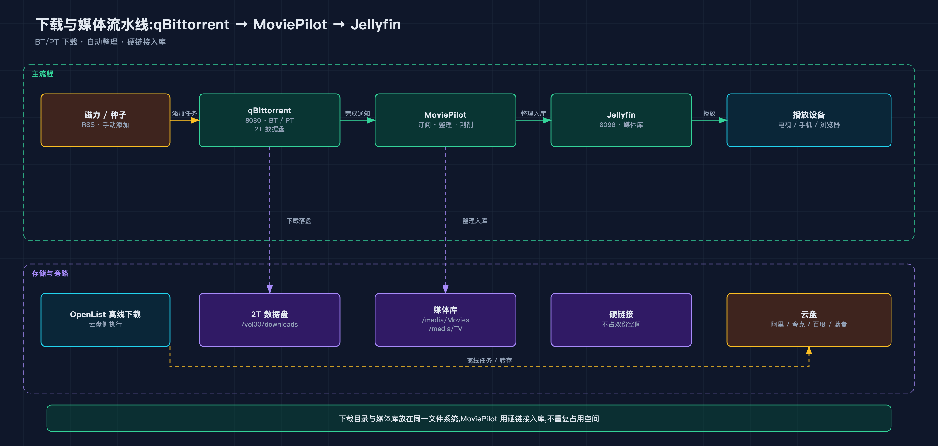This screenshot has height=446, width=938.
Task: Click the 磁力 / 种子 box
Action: (105, 120)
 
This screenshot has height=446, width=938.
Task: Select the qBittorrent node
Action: (269, 120)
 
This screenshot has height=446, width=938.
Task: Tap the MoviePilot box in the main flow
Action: (445, 120)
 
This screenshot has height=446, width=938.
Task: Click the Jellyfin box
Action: (621, 120)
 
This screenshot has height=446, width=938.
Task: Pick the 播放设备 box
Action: (809, 120)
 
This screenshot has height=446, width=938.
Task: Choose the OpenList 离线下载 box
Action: (105, 320)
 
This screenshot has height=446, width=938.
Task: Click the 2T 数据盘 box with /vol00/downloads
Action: (269, 320)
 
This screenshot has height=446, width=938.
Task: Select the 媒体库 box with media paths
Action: (445, 320)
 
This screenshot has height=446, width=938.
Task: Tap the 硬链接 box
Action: (621, 320)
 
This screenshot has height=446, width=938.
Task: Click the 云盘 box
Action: (809, 320)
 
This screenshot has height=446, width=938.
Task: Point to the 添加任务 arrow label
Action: (184, 113)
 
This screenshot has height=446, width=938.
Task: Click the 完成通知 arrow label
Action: (357, 113)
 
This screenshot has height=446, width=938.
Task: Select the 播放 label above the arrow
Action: (709, 113)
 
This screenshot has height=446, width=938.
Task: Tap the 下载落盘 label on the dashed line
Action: (299, 221)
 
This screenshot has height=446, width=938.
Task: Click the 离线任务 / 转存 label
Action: (489, 360)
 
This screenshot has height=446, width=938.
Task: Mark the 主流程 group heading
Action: (42, 74)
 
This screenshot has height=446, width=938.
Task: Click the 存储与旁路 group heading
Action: (50, 273)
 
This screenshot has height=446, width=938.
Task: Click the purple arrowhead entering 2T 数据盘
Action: (269, 289)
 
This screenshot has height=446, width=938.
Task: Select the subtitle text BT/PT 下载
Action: (56, 42)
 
